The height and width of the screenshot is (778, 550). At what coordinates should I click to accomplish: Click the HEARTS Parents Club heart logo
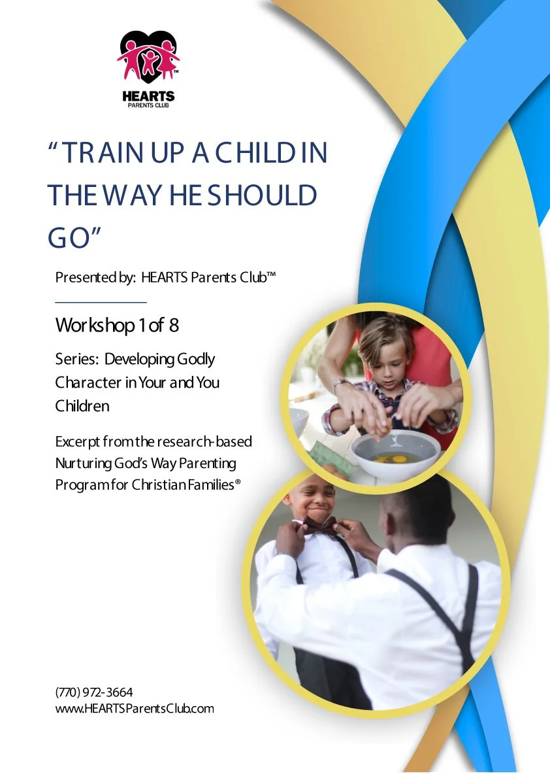(148, 58)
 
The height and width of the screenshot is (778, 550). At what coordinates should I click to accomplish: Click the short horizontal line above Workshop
(101, 303)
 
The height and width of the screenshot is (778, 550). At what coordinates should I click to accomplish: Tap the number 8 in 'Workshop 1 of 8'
(174, 325)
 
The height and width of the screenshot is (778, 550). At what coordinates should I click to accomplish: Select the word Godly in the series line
(195, 359)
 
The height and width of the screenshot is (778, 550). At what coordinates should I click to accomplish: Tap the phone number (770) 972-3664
(95, 692)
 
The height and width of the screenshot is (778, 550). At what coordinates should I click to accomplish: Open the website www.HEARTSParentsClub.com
(135, 708)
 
